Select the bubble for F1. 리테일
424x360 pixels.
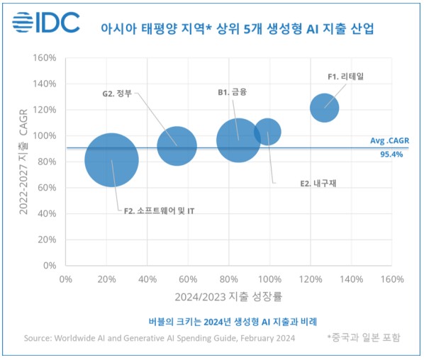click(324, 108)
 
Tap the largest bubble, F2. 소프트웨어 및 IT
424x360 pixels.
click(111, 160)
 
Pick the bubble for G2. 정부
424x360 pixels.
click(177, 144)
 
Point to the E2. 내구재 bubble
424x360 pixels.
click(267, 131)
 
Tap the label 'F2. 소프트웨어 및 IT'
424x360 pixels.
click(155, 210)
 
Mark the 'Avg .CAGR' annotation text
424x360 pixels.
click(389, 141)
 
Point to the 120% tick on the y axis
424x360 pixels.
click(46, 110)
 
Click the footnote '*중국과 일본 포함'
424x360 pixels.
click(363, 338)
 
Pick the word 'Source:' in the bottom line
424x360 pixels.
click(42, 338)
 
